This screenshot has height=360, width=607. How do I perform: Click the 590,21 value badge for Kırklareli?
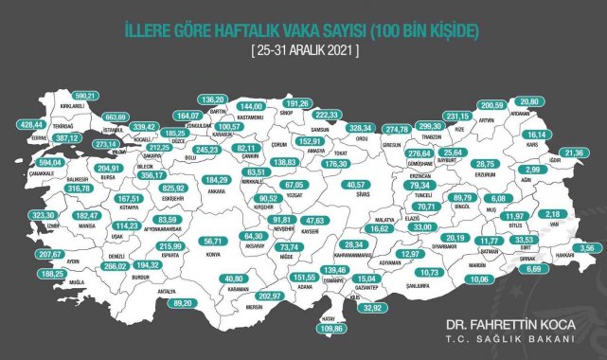click(x=87, y=96)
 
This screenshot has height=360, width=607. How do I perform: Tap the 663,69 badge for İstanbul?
click(x=115, y=117)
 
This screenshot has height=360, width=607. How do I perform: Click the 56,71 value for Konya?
click(x=229, y=242)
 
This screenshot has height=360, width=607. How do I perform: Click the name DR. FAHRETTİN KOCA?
click(x=510, y=324)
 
